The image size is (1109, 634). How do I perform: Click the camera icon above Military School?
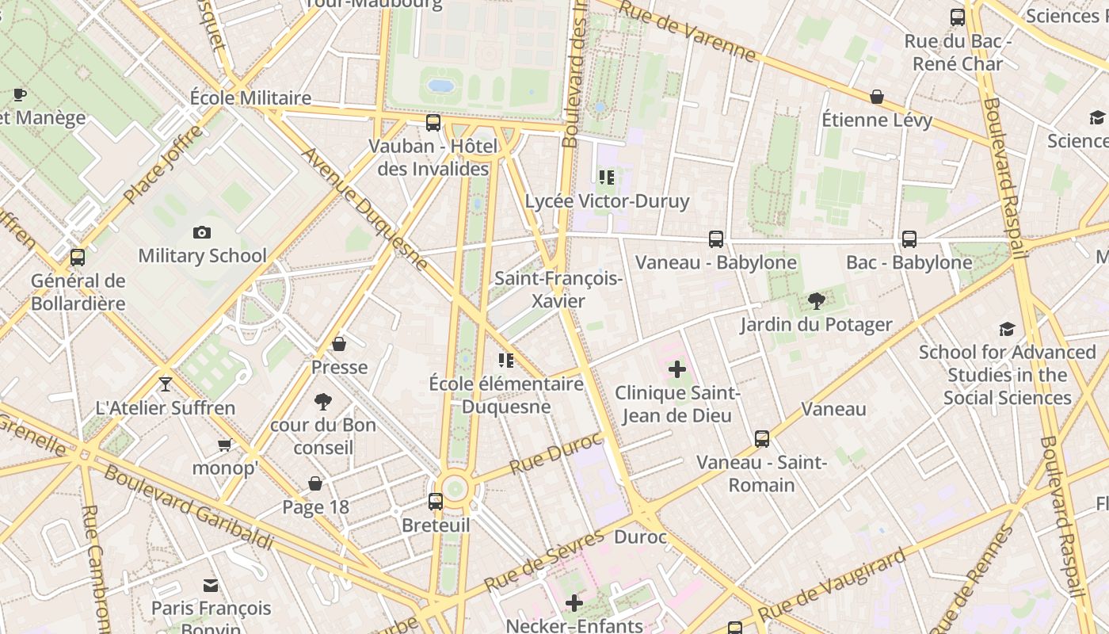[202, 232]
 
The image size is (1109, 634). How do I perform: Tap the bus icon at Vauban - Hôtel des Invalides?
[433, 123]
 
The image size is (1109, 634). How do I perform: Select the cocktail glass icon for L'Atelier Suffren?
[165, 384]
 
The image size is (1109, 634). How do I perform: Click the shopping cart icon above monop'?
[224, 445]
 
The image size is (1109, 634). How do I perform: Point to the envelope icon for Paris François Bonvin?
[211, 586]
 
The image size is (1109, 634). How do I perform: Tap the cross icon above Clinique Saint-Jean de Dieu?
[677, 369]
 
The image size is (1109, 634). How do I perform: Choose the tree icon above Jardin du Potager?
[816, 301]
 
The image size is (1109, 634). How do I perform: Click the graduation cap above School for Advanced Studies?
[1007, 329]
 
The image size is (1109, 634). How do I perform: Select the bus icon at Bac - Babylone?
[909, 239]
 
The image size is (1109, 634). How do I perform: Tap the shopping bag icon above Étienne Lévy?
[877, 97]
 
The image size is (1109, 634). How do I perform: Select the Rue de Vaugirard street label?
[831, 586]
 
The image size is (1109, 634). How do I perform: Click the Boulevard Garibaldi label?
[189, 507]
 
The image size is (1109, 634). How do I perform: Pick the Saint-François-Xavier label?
[558, 289]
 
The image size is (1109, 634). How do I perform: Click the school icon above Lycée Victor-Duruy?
[607, 178]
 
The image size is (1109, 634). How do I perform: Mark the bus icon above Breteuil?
[435, 501]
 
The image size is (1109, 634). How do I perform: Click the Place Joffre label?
[162, 167]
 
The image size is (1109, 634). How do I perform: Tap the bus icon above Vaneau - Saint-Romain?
[761, 438]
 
